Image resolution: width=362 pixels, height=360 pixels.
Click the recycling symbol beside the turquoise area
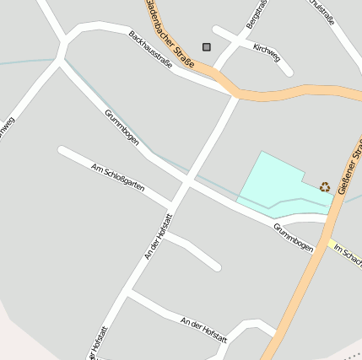coord(325,186)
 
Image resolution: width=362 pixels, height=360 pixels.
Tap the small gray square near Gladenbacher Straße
coord(207,47)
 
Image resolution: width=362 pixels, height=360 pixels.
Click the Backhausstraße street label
coord(151,48)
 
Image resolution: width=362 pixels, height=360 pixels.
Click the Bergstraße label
coord(257,14)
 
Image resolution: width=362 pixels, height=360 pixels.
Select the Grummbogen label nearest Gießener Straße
coord(293,237)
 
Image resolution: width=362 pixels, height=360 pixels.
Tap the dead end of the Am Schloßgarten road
coord(62,151)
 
